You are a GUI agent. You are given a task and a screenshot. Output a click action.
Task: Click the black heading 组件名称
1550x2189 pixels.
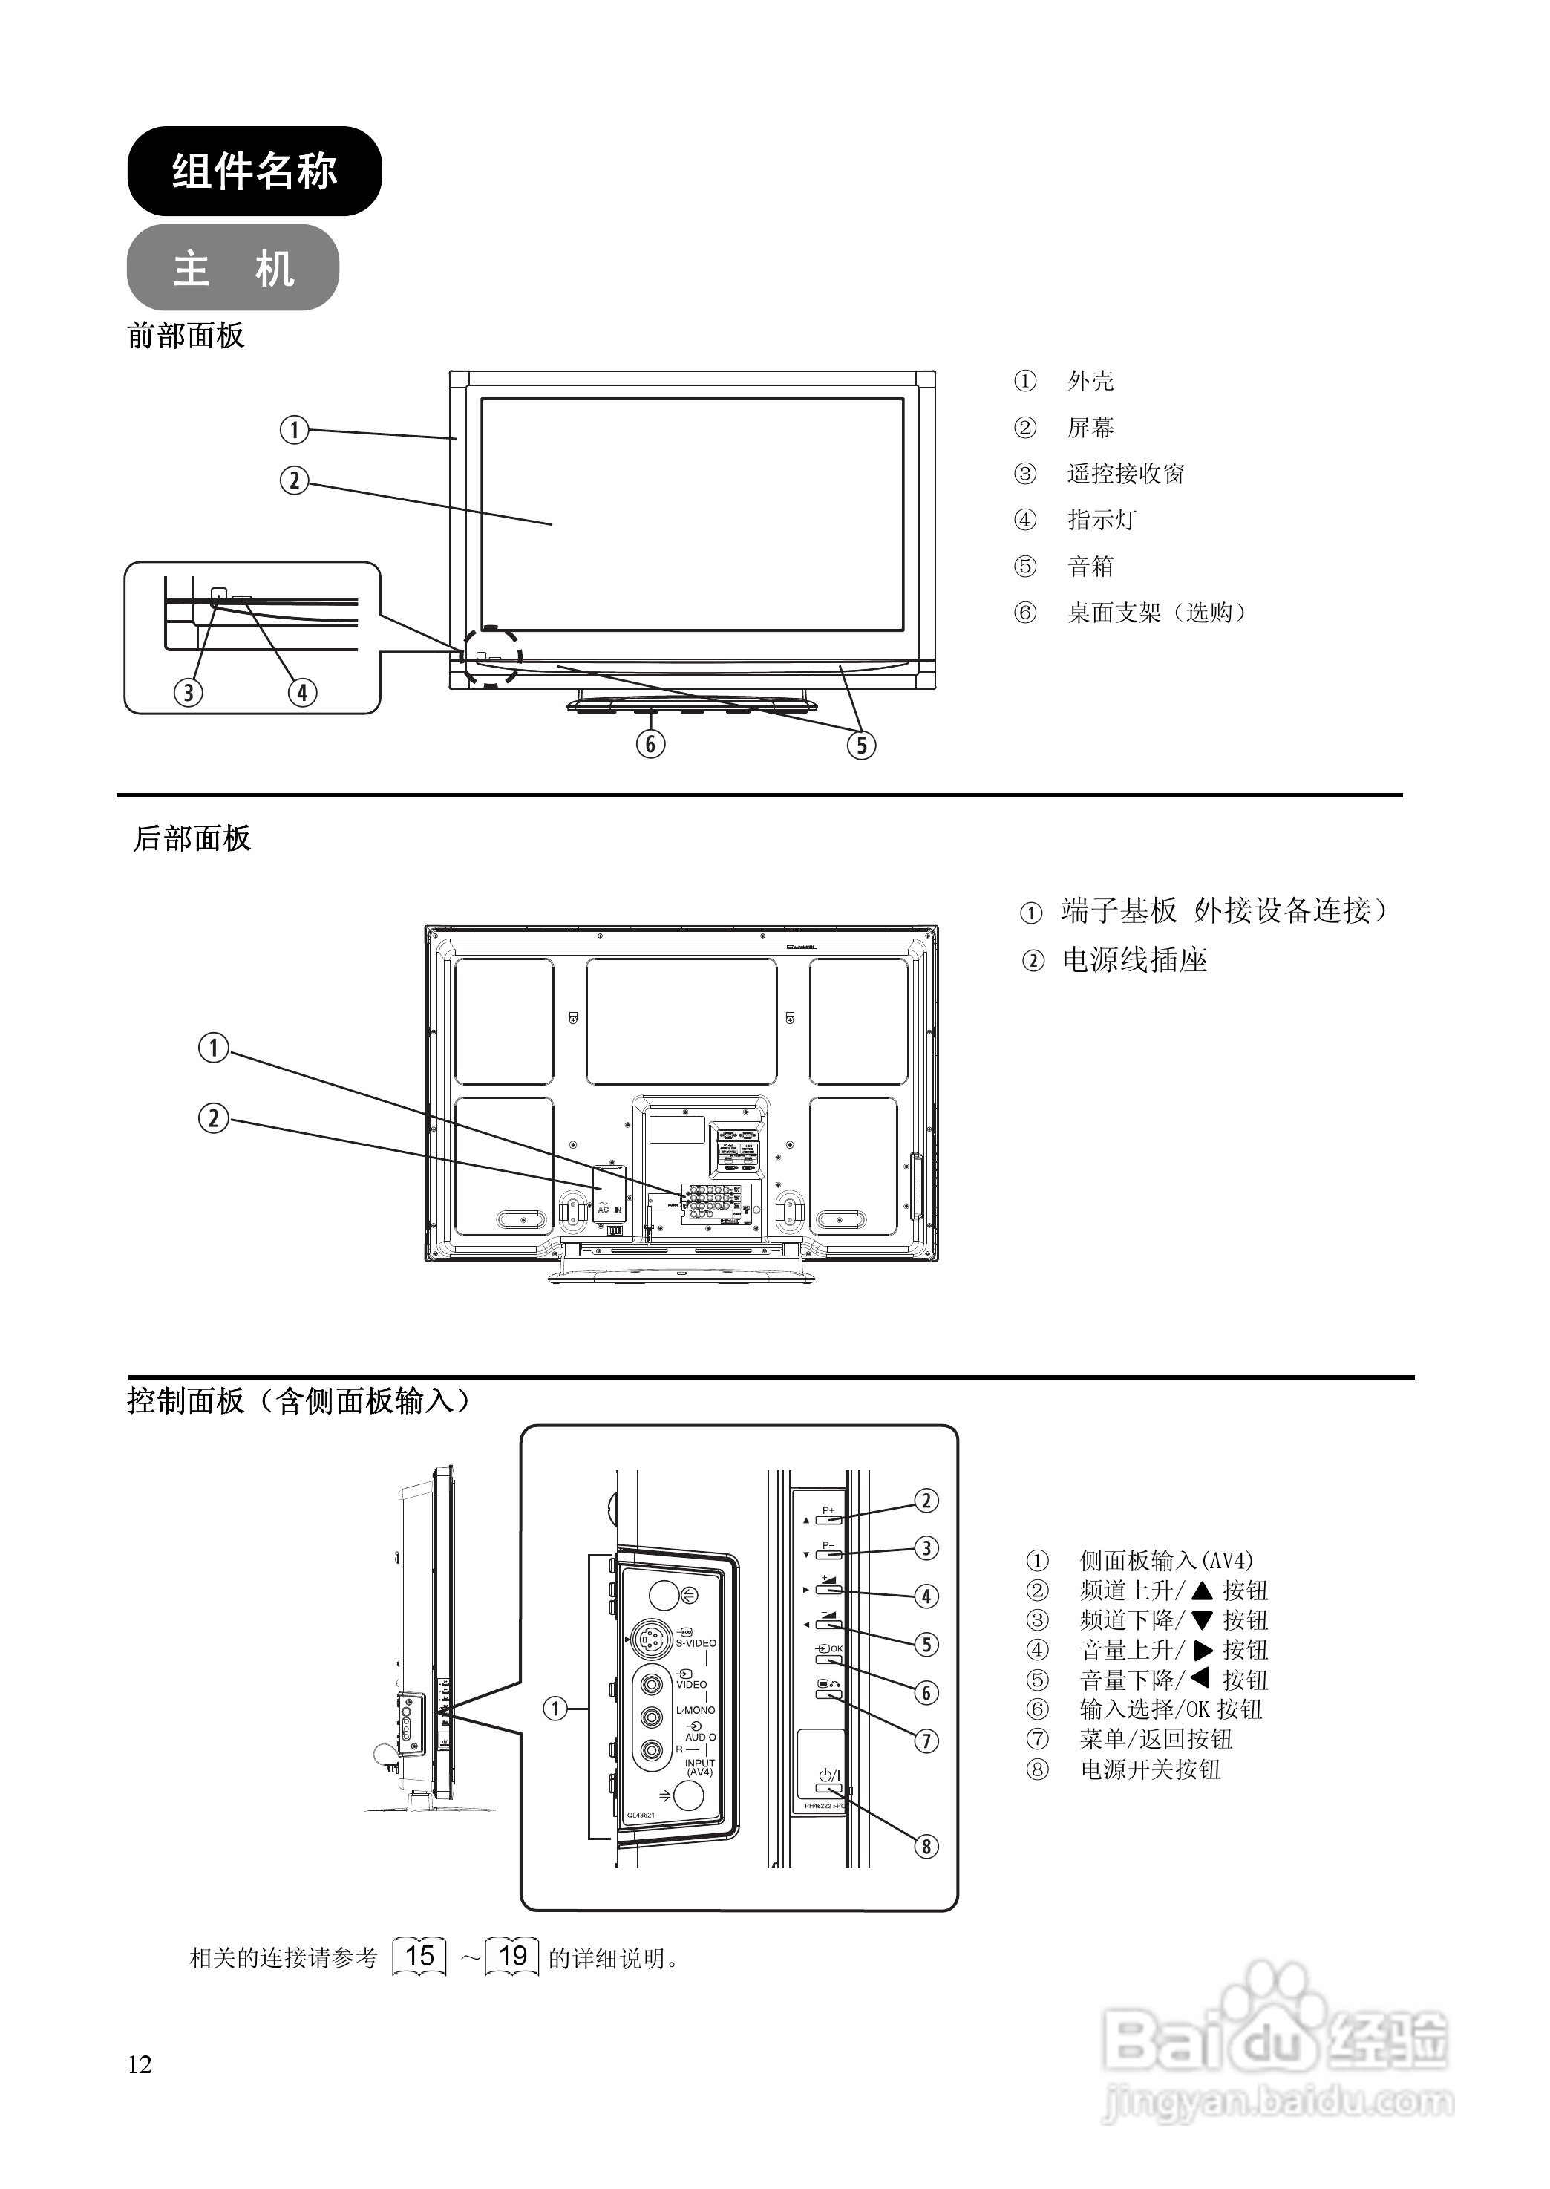[x=254, y=172]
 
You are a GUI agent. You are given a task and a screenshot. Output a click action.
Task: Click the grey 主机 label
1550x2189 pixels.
[x=233, y=268]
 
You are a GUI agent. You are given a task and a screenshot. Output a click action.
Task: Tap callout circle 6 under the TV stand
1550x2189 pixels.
[x=651, y=744]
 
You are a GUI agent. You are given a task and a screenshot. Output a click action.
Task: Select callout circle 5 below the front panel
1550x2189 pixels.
[x=861, y=745]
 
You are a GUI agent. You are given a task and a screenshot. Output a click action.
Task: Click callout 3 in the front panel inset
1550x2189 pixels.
[x=188, y=692]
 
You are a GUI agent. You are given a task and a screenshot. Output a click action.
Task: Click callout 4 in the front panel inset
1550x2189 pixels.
[x=301, y=692]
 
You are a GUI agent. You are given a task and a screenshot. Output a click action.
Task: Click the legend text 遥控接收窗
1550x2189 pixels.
[x=1125, y=474]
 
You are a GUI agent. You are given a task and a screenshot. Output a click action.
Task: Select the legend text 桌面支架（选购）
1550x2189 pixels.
[x=1157, y=613]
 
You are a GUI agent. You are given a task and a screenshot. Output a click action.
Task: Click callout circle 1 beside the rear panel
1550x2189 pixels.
[x=214, y=1048]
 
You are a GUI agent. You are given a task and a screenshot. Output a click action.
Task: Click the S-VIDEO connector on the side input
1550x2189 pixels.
[x=649, y=1641]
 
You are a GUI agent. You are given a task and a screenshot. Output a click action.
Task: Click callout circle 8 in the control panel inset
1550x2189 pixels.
[x=925, y=1846]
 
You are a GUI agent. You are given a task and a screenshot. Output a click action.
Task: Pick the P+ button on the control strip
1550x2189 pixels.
[x=828, y=1517]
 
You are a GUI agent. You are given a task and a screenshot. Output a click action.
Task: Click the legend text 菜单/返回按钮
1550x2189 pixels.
[x=1156, y=1739]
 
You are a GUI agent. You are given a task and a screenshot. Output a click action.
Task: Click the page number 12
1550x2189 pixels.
[x=140, y=2065]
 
